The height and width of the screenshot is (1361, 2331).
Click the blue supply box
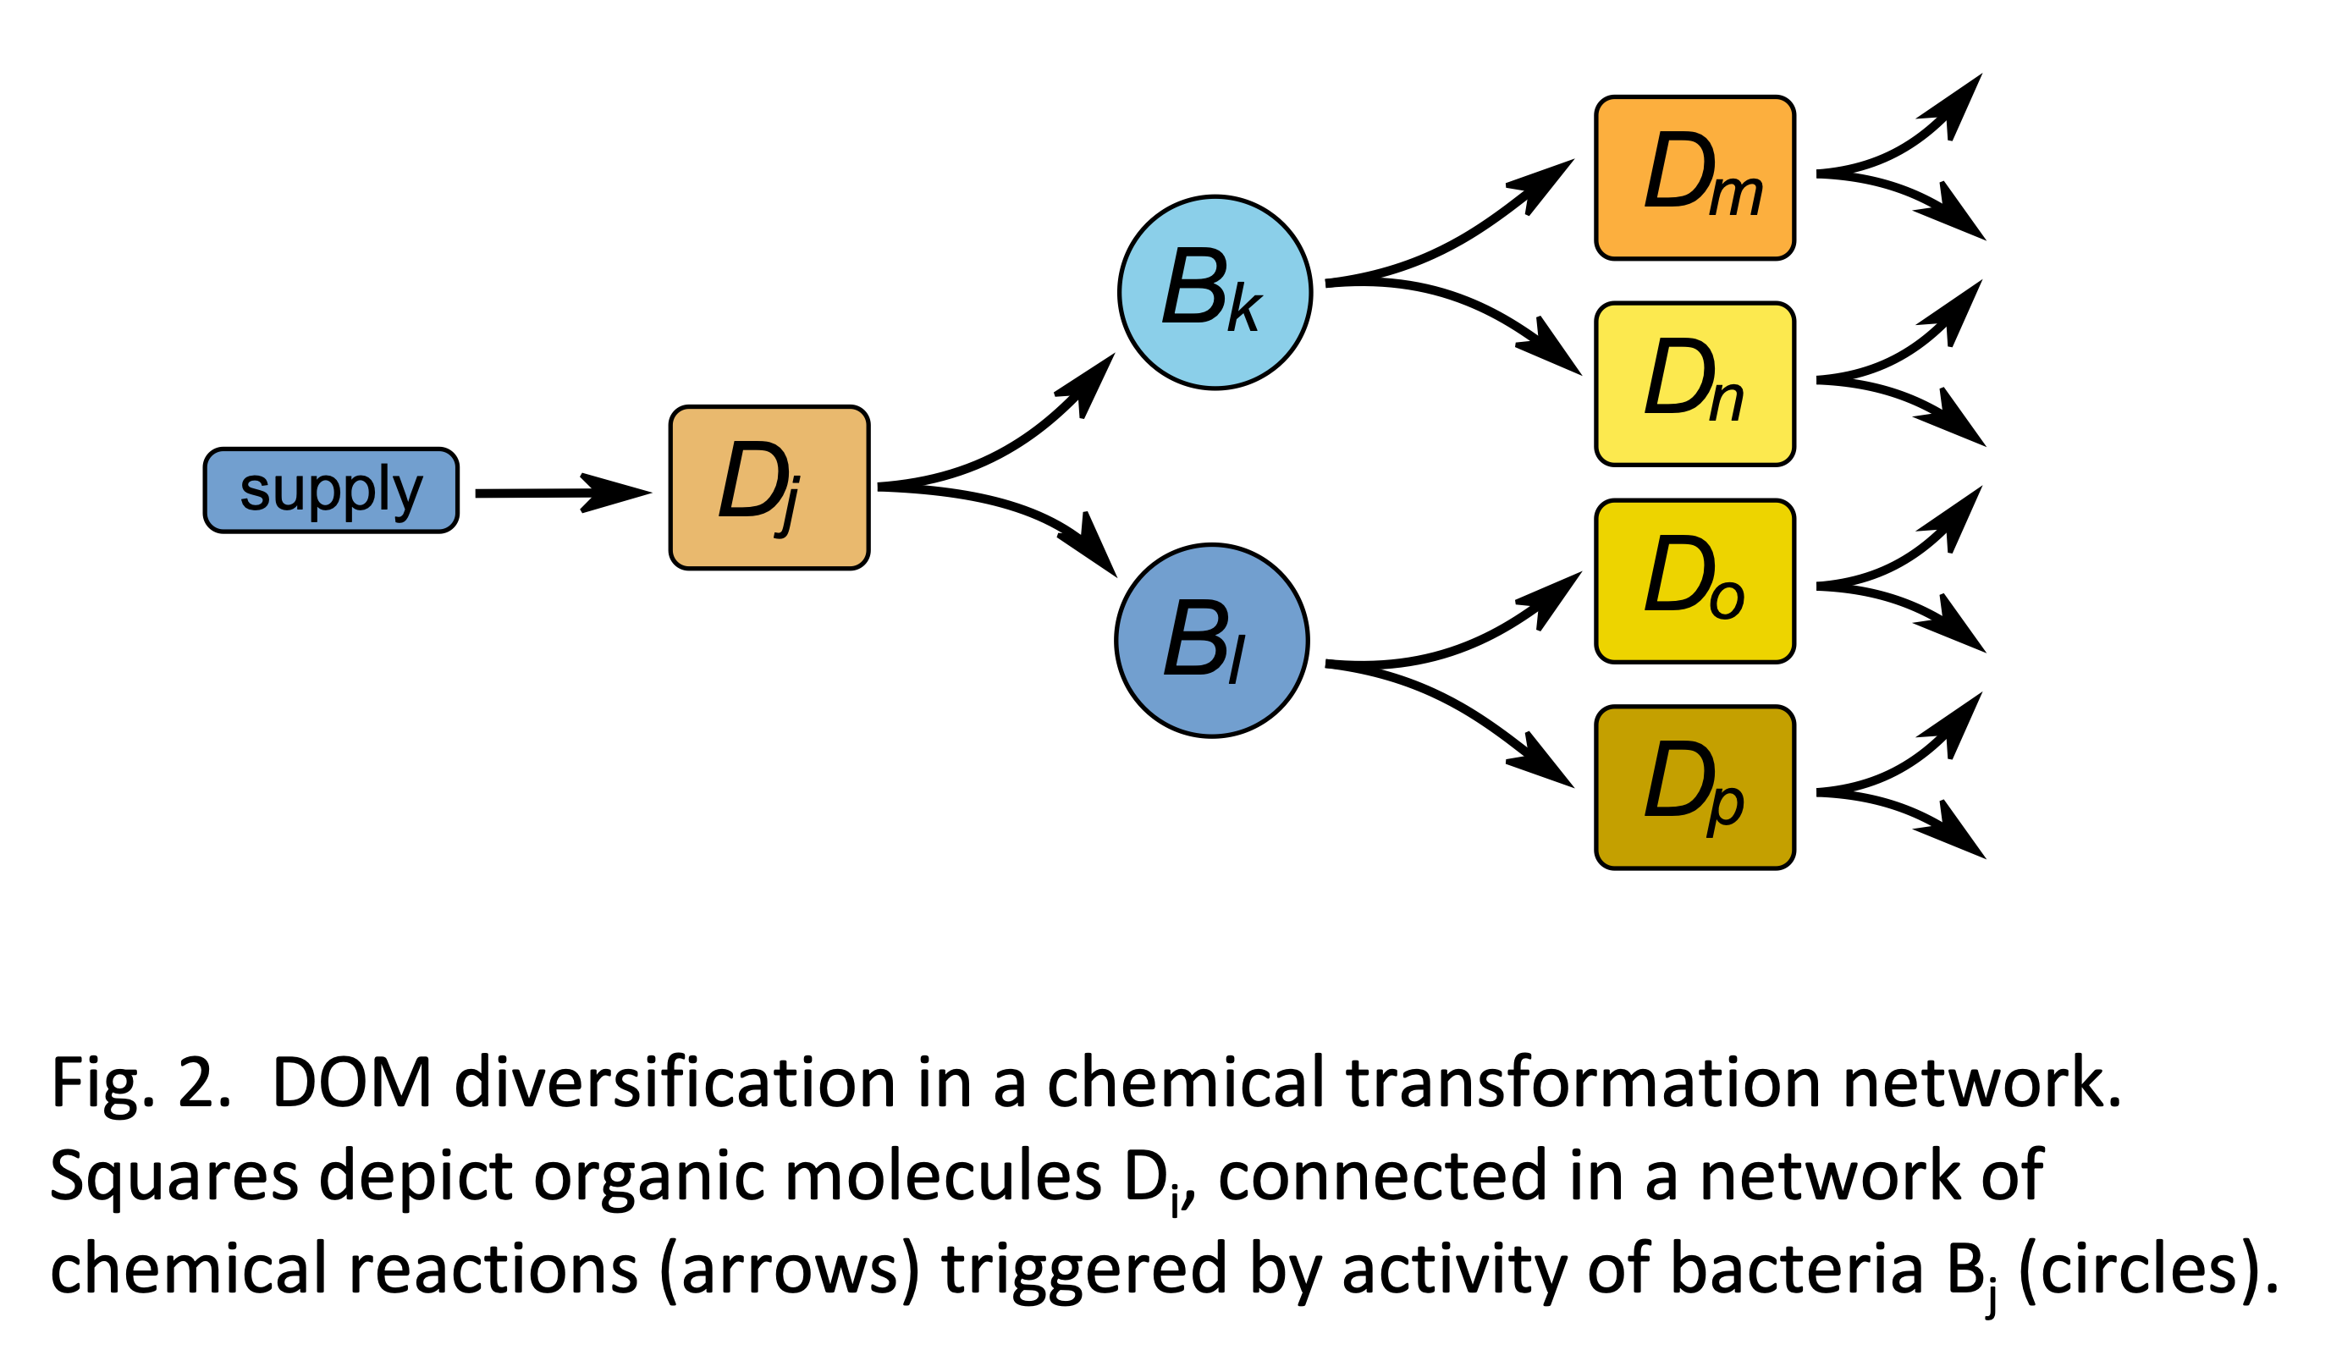click(x=330, y=490)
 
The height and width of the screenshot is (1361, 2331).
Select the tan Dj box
click(x=769, y=488)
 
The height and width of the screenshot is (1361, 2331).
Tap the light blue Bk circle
click(x=1215, y=292)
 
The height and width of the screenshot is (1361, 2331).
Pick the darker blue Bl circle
click(x=1212, y=640)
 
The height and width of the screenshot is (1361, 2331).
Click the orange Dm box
click(x=1695, y=178)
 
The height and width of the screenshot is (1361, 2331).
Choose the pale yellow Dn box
click(x=1695, y=384)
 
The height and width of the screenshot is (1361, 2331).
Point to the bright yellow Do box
click(x=1695, y=581)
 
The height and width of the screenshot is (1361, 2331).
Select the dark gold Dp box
click(x=1695, y=787)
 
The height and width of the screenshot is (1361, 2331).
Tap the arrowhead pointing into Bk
click(x=1092, y=379)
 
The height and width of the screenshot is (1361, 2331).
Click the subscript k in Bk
click(x=1244, y=311)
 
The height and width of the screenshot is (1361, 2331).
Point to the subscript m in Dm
click(x=1735, y=196)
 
